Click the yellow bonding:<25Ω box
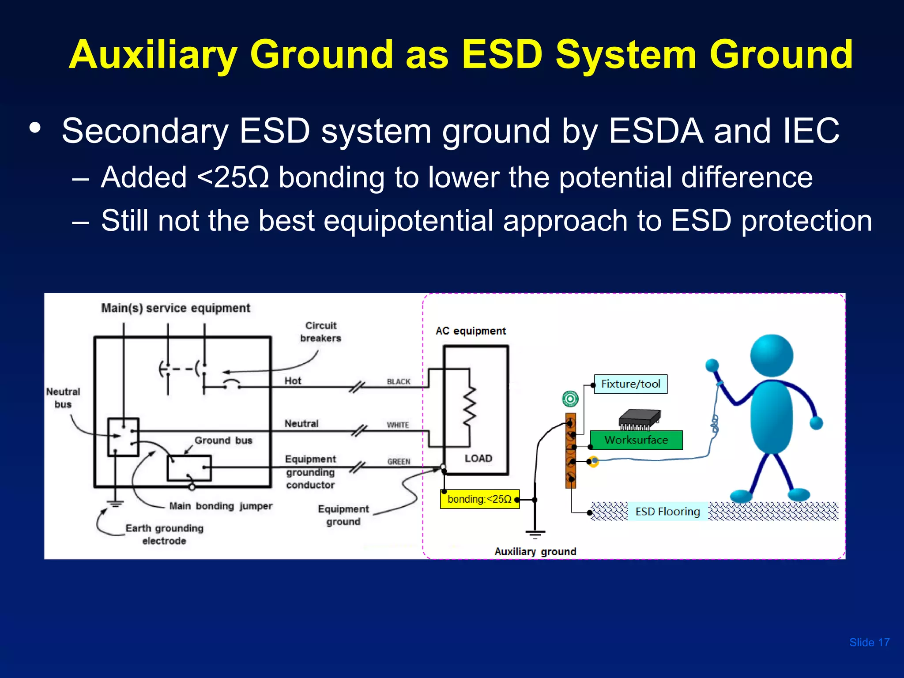479,499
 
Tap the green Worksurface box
636,440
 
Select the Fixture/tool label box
630,384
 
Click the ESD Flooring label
667,512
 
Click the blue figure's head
771,356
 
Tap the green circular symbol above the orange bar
570,399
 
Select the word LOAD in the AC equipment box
478,459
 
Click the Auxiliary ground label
535,552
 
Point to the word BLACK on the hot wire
398,382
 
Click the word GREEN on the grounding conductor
399,462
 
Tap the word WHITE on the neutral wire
398,425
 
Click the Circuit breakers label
321,332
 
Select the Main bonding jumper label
221,506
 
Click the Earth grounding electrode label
164,535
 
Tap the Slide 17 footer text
869,643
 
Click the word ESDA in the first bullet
655,131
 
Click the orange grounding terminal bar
570,451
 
